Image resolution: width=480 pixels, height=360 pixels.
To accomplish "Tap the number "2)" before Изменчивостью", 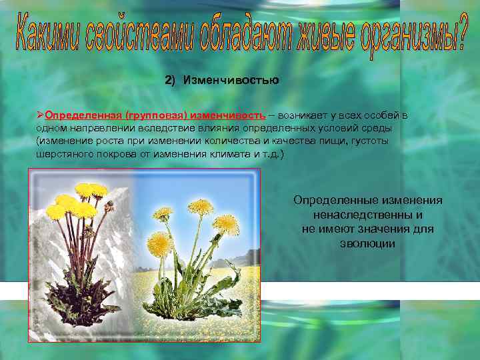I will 169,81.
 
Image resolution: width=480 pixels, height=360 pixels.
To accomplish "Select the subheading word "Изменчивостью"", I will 231,81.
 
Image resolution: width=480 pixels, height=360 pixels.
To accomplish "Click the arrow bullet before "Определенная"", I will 41,115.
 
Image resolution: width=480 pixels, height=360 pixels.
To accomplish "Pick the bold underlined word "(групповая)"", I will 149,115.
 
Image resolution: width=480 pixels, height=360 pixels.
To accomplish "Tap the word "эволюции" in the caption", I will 367,243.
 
